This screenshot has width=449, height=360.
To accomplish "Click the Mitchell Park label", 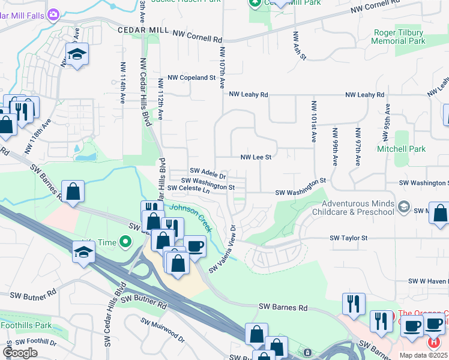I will point(401,148).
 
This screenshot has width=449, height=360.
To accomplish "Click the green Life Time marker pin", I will point(125,242).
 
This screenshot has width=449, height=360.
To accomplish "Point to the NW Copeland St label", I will point(191,78).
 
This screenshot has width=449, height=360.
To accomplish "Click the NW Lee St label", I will point(256,157).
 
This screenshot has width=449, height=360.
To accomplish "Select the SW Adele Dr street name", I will point(207,173).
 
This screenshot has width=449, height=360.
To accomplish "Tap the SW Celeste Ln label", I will point(188,188).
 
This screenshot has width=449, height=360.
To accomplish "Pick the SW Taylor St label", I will point(348,238).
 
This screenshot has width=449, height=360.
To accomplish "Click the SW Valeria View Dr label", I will point(223,249).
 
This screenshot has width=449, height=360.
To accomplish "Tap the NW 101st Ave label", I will point(313,122).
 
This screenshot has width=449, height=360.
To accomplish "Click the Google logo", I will point(20,353).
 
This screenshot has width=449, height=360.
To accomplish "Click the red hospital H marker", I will point(433,342).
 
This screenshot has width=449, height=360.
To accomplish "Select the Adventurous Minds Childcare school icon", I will point(403,207).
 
